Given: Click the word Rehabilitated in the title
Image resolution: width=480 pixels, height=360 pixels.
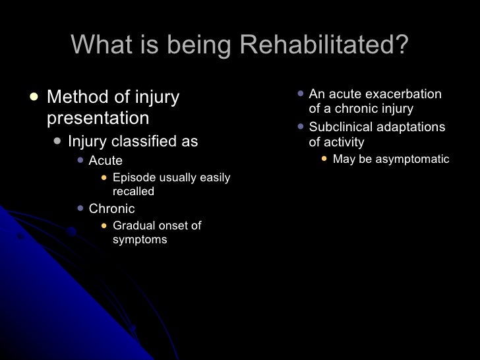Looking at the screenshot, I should [x=324, y=45].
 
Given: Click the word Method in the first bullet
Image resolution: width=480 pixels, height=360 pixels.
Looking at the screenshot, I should [x=78, y=98].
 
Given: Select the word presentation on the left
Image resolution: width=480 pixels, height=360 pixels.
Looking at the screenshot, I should [x=98, y=119].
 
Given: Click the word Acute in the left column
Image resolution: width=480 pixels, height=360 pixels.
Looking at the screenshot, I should [x=105, y=161].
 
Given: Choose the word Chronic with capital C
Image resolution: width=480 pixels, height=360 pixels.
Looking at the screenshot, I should [x=111, y=209].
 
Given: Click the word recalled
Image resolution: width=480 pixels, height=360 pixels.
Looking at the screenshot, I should [x=133, y=192].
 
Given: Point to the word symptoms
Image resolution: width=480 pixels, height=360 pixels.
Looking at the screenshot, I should [x=140, y=240].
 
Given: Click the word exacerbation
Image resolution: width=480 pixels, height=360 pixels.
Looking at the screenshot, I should [x=405, y=94].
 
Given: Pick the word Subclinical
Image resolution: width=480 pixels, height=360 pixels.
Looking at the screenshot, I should [x=340, y=127].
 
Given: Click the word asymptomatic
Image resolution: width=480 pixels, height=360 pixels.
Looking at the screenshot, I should [x=411, y=159].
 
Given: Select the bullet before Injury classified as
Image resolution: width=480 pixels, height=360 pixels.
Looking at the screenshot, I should [x=57, y=141].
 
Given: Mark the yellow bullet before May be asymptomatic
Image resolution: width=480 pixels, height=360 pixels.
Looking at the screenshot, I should [x=324, y=159].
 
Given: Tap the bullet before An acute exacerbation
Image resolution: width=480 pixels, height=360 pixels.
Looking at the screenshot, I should [x=300, y=94].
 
